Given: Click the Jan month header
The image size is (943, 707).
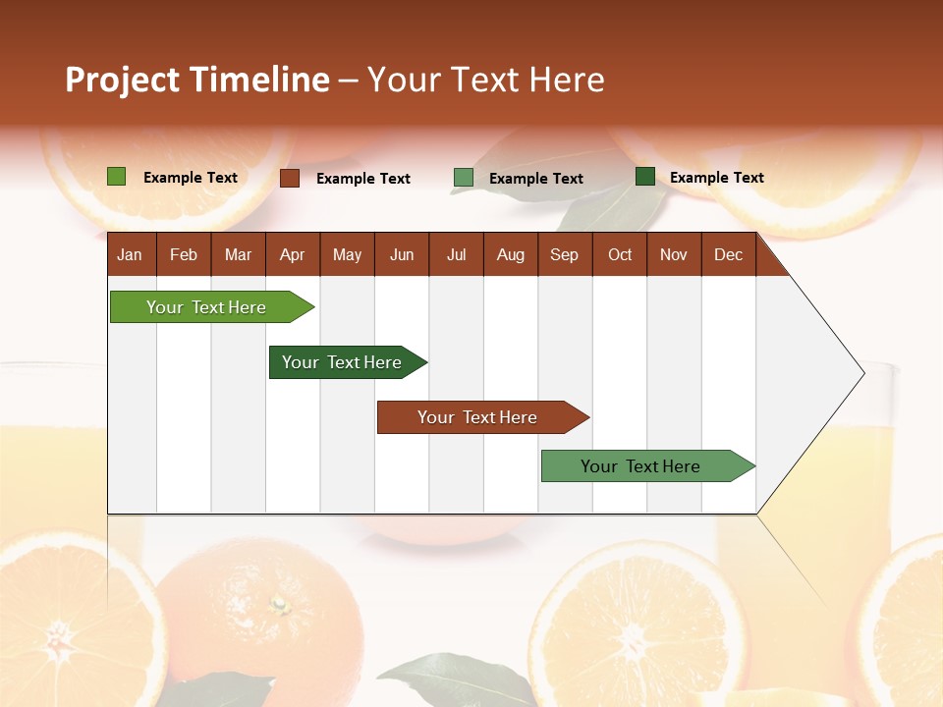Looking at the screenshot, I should pyautogui.click(x=131, y=255).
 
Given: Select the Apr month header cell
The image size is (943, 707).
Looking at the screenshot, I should pyautogui.click(x=293, y=255).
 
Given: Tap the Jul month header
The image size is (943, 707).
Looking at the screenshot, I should pyautogui.click(x=457, y=255).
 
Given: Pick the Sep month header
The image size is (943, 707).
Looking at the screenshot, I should pyautogui.click(x=565, y=255).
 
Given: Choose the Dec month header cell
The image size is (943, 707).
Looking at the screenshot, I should pyautogui.click(x=729, y=255).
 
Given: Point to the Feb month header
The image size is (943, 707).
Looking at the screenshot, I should pyautogui.click(x=184, y=255).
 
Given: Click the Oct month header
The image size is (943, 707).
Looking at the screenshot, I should pyautogui.click(x=620, y=255).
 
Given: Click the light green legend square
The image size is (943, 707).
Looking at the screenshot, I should pyautogui.click(x=116, y=177).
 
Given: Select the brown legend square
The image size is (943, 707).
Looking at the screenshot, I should pyautogui.click(x=289, y=178).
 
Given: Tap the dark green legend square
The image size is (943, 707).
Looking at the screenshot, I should pyautogui.click(x=644, y=177).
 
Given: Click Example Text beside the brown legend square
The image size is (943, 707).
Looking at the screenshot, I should pyautogui.click(x=362, y=179).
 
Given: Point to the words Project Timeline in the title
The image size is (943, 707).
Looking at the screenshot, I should pyautogui.click(x=196, y=80).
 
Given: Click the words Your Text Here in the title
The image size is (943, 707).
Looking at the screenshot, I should pyautogui.click(x=485, y=80).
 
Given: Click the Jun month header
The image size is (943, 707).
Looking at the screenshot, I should pyautogui.click(x=402, y=255).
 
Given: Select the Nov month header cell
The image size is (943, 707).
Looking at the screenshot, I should pyautogui.click(x=674, y=255).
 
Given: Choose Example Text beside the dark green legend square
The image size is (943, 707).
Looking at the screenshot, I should pyautogui.click(x=716, y=178).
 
